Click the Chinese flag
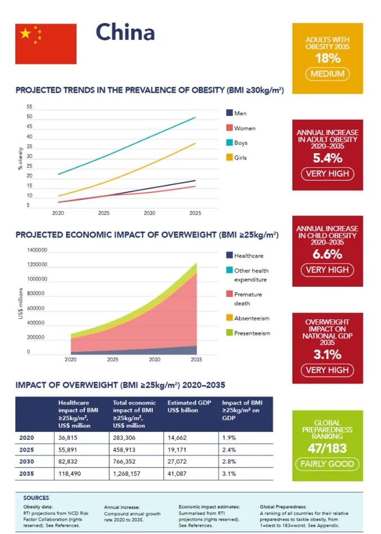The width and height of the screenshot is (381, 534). [x=46, y=43]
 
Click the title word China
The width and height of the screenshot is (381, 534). [x=125, y=32]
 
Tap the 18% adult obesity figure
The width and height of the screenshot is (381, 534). [x=328, y=59]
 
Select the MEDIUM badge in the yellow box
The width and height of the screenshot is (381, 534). [x=328, y=74]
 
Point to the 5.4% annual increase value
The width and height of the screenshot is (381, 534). [x=328, y=158]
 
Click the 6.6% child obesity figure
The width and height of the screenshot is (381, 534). [x=328, y=254]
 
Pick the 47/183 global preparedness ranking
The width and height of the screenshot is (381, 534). [x=328, y=448]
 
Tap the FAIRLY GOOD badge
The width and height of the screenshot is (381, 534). [x=328, y=464]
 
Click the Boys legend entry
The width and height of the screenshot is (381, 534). [x=240, y=143]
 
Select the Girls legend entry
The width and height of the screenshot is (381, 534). [x=240, y=158]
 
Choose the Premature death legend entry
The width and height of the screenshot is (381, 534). [x=248, y=299]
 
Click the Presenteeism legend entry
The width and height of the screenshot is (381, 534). [x=252, y=333]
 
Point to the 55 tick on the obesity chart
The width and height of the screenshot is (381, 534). [x=29, y=107]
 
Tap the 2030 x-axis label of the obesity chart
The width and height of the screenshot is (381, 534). [x=149, y=213]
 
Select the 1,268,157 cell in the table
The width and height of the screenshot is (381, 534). [x=127, y=474]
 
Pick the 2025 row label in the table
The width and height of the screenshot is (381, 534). [x=26, y=450]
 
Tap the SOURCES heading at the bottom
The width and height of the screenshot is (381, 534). [x=36, y=498]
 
